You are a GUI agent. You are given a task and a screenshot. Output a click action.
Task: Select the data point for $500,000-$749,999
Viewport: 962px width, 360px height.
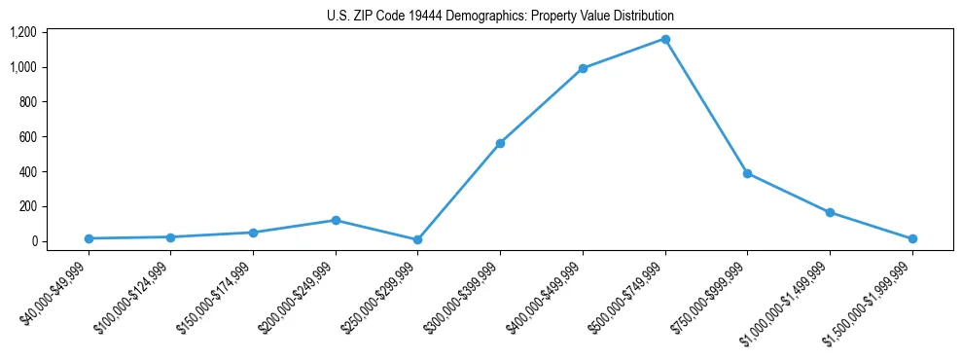(665, 39)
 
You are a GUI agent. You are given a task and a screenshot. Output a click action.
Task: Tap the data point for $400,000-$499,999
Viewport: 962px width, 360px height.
(583, 68)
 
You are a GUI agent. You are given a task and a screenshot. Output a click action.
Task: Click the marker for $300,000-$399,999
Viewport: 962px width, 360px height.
(500, 143)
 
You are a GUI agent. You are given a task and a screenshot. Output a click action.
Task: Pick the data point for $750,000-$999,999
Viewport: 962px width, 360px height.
(747, 173)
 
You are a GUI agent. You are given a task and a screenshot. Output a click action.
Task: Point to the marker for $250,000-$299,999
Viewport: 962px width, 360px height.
(418, 239)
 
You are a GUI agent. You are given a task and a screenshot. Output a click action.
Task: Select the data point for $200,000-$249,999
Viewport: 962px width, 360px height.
(336, 220)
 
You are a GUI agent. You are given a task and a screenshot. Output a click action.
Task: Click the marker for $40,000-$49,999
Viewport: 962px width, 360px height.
(89, 238)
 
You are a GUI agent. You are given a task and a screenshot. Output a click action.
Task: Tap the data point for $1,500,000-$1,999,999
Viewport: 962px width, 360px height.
(912, 238)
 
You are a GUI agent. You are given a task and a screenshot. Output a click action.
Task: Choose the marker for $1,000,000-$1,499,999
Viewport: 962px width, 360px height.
(830, 212)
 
